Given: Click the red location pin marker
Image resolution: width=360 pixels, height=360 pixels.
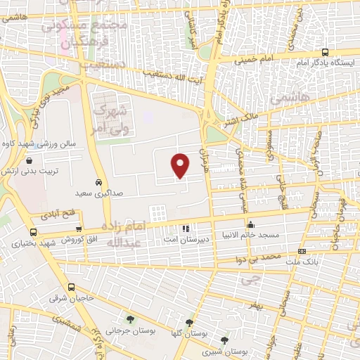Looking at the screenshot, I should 181,165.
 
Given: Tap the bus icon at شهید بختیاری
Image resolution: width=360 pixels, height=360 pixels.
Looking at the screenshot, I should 33,232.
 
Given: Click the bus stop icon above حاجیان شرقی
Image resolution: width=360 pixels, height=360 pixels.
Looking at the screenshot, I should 71,287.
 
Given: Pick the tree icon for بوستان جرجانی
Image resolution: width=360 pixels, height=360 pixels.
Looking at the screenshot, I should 129,320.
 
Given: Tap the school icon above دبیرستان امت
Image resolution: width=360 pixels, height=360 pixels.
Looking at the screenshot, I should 185,229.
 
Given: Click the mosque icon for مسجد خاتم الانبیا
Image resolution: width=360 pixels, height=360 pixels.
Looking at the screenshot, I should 251,224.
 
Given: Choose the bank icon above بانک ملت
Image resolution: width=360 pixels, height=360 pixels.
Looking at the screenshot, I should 302,251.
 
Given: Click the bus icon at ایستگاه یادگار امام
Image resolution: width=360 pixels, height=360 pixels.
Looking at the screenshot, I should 325,52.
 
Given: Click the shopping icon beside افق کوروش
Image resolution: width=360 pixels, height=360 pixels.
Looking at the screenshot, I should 78,229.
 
